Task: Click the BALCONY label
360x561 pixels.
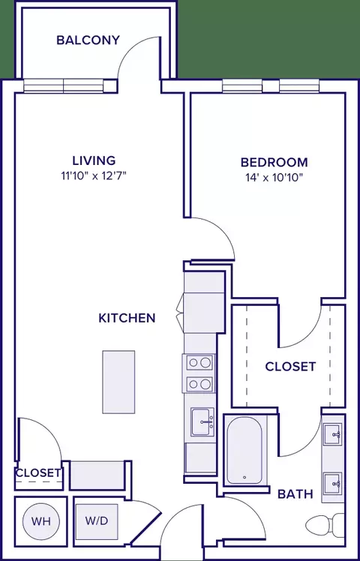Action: [88, 40]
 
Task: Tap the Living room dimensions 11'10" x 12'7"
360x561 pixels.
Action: [94, 176]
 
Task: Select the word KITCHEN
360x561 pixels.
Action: [127, 318]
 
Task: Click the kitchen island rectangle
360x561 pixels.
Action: [118, 382]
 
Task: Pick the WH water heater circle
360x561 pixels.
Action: [40, 521]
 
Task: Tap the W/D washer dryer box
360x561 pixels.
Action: [97, 521]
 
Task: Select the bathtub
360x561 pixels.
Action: [244, 449]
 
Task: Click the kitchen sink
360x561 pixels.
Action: [202, 421]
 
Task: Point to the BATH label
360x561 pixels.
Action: [295, 494]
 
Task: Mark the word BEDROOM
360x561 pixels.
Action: [274, 163]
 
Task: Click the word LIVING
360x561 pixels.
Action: [94, 160]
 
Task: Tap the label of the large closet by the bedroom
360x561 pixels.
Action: [290, 366]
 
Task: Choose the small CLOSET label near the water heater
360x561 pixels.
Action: [38, 473]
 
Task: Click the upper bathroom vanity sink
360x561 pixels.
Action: [333, 434]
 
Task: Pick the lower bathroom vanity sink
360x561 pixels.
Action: [333, 484]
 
